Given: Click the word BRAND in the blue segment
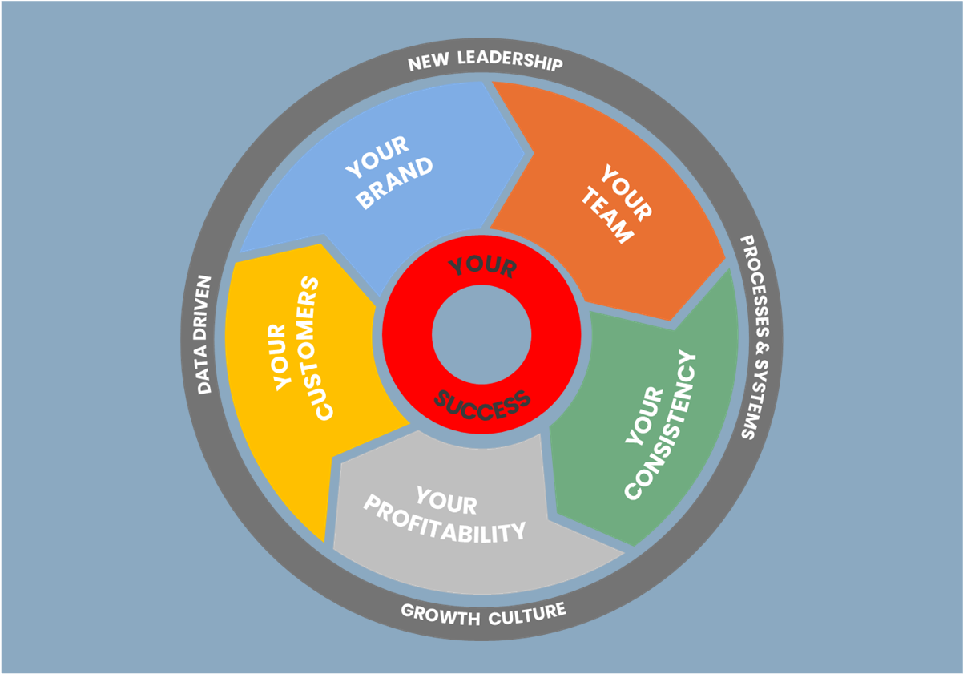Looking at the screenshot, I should [x=394, y=184].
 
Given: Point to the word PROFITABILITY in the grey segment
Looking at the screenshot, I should [x=445, y=522].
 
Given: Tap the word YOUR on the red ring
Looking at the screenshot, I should [x=481, y=267].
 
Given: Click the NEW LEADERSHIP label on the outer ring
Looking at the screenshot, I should [x=486, y=63].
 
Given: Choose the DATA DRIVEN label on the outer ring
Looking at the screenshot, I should [x=205, y=335].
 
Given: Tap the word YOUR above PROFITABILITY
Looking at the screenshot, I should [x=446, y=502].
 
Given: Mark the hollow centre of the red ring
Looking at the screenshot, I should [x=481, y=335].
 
